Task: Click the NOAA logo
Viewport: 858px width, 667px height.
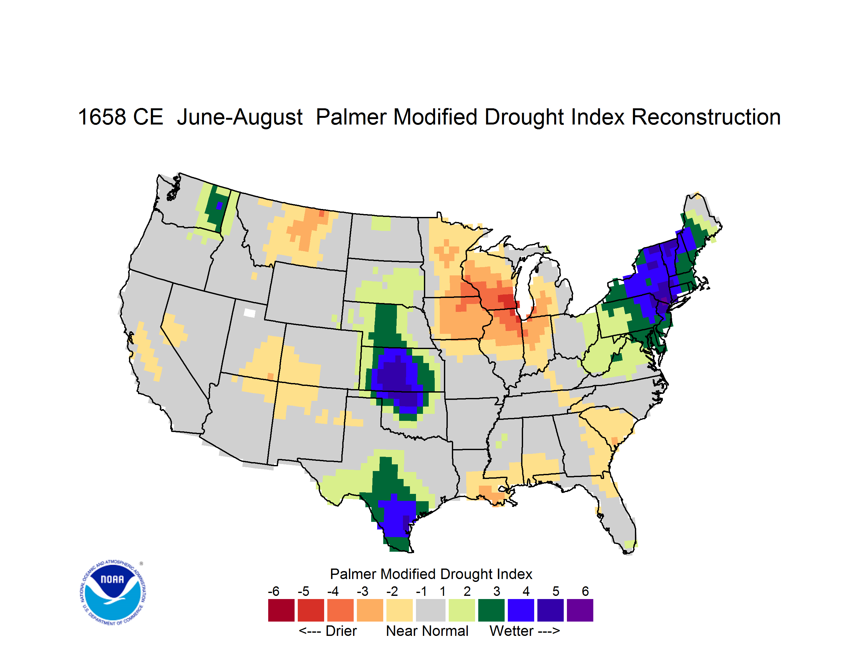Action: click(x=113, y=593)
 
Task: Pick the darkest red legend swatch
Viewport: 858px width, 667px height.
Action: click(x=281, y=610)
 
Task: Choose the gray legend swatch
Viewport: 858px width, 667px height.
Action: click(x=431, y=610)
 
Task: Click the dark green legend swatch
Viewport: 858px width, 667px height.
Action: click(x=491, y=610)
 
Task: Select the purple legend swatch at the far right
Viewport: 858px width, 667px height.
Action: click(x=580, y=610)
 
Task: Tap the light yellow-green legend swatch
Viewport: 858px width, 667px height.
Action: click(x=462, y=610)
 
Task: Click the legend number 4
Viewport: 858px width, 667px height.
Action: click(x=526, y=591)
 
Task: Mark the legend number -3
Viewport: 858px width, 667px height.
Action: click(x=362, y=591)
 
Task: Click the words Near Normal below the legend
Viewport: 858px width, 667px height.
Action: click(x=427, y=631)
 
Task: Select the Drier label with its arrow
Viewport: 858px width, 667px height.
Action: click(x=328, y=631)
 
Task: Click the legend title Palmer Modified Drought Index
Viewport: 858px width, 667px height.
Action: click(x=431, y=574)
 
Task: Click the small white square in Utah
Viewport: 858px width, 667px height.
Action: click(x=249, y=313)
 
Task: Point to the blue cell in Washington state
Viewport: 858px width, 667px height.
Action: click(x=219, y=206)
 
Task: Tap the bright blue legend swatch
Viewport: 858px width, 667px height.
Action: click(x=521, y=610)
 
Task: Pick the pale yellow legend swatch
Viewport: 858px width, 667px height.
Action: click(x=399, y=610)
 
